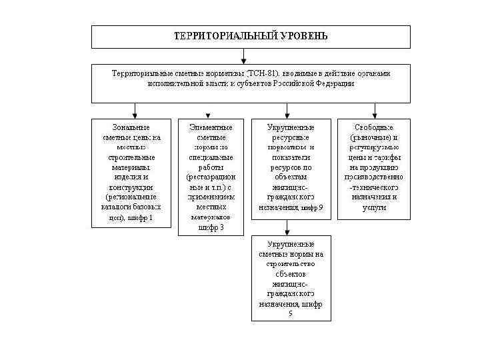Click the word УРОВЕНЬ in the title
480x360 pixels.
[x=304, y=35]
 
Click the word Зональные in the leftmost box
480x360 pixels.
[x=131, y=127]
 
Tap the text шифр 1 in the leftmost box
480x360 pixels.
[x=141, y=218]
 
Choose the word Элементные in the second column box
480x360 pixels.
[x=211, y=127]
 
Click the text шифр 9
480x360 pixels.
[x=312, y=208]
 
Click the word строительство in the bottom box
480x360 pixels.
[x=291, y=264]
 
